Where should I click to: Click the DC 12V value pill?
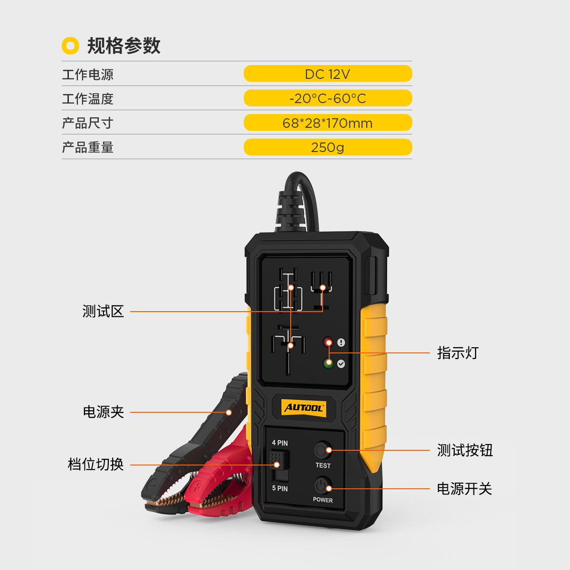pyautogui.click(x=328, y=74)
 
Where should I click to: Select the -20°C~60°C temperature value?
pyautogui.click(x=328, y=98)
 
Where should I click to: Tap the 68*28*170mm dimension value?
pyautogui.click(x=328, y=123)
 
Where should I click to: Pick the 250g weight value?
pyautogui.click(x=328, y=147)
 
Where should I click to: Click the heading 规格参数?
pyautogui.click(x=123, y=46)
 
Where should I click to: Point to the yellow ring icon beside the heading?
pyautogui.click(x=70, y=46)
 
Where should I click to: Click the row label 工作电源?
pyautogui.click(x=87, y=74)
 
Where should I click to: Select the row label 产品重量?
pyautogui.click(x=87, y=147)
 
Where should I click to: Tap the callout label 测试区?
pyautogui.click(x=103, y=312)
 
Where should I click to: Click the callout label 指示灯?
pyautogui.click(x=458, y=353)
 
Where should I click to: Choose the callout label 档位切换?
pyautogui.click(x=95, y=464)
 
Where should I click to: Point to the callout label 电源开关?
pyautogui.click(x=465, y=489)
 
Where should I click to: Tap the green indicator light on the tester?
pyautogui.click(x=328, y=363)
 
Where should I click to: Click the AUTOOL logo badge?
pyautogui.click(x=304, y=408)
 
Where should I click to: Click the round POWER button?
pyautogui.click(x=323, y=485)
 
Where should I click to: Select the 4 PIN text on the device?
pyautogui.click(x=280, y=443)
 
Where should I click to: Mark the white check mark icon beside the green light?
pyautogui.click(x=341, y=364)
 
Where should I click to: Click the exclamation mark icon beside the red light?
pyautogui.click(x=341, y=342)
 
